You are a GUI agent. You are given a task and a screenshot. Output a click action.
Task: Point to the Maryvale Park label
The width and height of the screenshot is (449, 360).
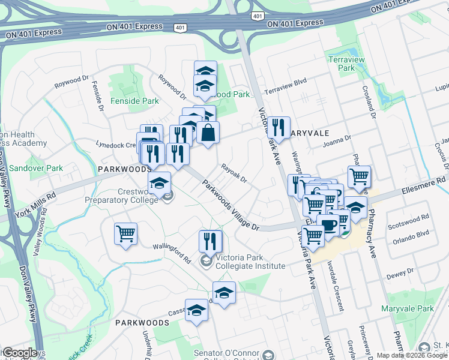[407, 308]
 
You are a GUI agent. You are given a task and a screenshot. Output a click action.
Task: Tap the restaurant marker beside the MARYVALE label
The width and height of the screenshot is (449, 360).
[278, 127]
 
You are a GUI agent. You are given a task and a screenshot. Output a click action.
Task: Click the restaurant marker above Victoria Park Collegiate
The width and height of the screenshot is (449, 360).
[210, 241]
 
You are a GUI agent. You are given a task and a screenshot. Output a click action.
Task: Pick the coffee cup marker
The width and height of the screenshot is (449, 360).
[328, 225]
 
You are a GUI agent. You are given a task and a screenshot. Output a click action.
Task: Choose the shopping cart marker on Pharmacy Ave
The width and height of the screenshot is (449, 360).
[359, 176]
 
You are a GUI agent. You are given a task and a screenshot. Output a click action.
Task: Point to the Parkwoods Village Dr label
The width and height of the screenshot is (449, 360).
[230, 205]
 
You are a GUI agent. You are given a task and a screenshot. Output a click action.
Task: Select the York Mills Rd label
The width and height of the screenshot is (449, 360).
[35, 200]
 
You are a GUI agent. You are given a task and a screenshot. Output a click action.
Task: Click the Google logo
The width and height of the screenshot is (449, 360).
[20, 353]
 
